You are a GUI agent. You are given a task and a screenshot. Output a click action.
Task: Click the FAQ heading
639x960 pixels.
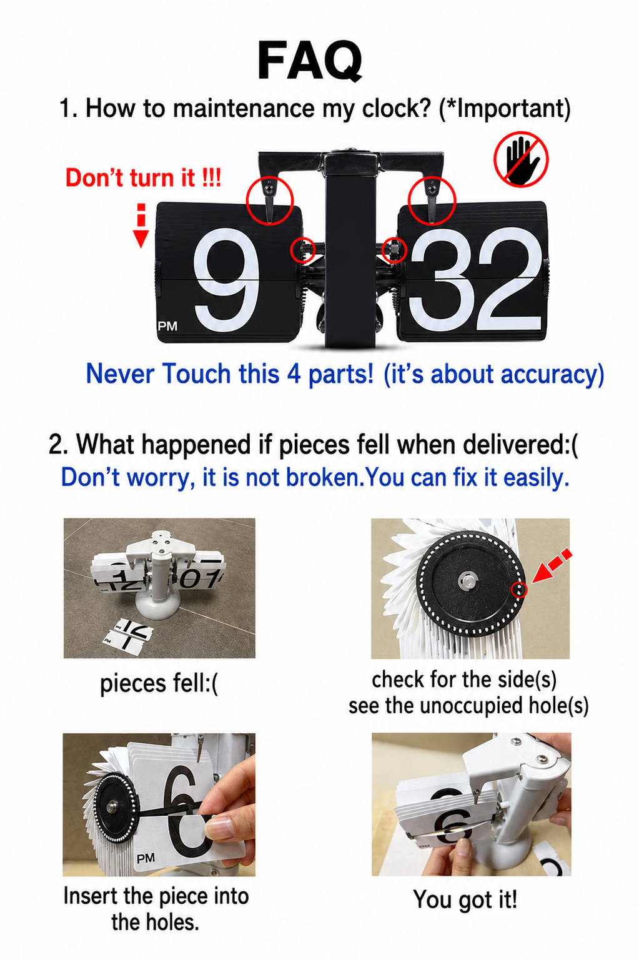point(310,61)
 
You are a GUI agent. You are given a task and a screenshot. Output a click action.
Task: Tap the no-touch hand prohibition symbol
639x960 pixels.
point(521,159)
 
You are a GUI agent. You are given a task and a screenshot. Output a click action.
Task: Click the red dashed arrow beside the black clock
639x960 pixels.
point(141,226)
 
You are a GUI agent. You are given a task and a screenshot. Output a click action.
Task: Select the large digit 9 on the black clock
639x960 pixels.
point(226,280)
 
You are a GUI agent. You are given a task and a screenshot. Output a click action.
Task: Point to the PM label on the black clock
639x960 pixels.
point(167,326)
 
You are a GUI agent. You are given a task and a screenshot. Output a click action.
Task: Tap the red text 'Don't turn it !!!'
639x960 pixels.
point(143,177)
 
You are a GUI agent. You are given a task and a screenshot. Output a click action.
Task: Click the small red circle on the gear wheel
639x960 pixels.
point(520,590)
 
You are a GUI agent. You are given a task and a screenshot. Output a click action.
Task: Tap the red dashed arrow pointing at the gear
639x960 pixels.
point(552,566)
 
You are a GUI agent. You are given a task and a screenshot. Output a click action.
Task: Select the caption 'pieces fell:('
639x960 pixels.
point(159,684)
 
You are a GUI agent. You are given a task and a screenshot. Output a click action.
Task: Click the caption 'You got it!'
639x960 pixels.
point(465,899)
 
